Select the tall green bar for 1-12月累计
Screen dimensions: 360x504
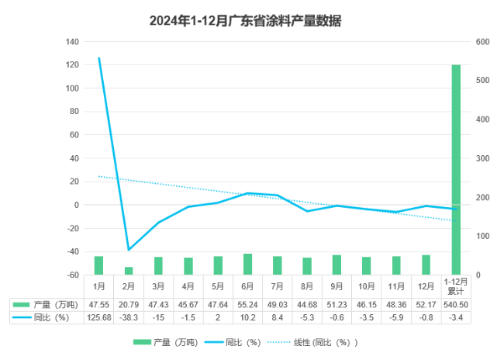point(456,169)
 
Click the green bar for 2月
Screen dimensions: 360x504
point(129,270)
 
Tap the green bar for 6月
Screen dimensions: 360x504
point(248,264)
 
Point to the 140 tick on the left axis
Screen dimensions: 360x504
point(73,41)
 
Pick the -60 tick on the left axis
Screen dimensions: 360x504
point(73,275)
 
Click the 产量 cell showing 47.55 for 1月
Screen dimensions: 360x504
point(98,304)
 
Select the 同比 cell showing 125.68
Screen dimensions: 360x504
point(98,317)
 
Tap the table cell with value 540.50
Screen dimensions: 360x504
point(456,304)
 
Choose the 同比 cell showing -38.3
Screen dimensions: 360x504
point(129,317)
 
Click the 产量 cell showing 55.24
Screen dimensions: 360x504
point(248,304)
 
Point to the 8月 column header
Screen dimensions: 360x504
point(307,286)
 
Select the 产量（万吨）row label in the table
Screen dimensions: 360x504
point(47,304)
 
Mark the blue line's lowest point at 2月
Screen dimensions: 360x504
point(129,249)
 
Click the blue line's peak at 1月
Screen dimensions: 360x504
point(98,58)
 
